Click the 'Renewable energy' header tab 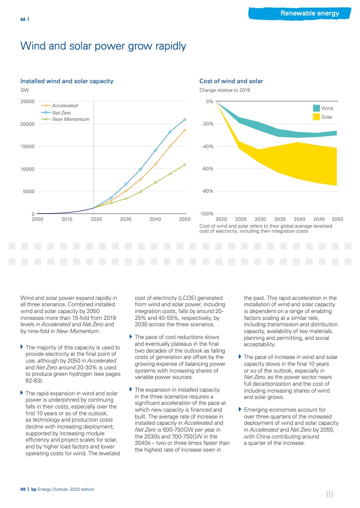[x=310, y=13]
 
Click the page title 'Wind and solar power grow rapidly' [x=103, y=46]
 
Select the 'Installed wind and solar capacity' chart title [x=67, y=81]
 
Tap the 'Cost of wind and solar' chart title [x=231, y=81]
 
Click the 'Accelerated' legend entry [x=65, y=105]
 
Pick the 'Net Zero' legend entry [x=61, y=112]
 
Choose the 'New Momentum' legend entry [x=70, y=119]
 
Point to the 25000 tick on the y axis [x=27, y=101]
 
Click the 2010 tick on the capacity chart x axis [x=67, y=219]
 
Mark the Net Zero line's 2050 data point [x=185, y=120]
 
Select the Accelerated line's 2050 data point [x=185, y=130]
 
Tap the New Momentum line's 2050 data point [x=185, y=164]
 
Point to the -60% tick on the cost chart [x=207, y=169]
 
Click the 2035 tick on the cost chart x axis [x=280, y=219]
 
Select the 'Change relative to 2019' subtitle [x=224, y=90]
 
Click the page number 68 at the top [x=23, y=20]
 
